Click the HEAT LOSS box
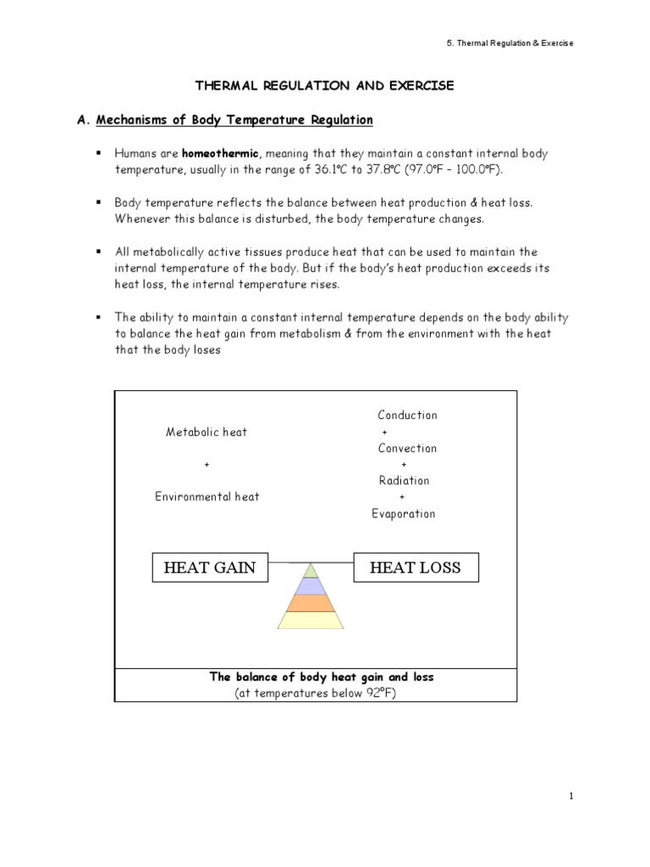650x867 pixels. coord(415,567)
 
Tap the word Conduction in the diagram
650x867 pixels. coord(407,415)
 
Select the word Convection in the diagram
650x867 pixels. coord(407,448)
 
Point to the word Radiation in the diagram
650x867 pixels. coord(405,480)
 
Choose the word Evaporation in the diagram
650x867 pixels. coord(404,513)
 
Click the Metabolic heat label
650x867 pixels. coord(207,432)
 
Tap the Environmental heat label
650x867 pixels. coord(207,497)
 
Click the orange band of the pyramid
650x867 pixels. coord(311,603)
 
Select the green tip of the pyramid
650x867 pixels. coord(311,570)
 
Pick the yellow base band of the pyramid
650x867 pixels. coord(311,621)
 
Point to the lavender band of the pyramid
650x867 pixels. coord(311,585)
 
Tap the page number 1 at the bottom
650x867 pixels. coord(572,796)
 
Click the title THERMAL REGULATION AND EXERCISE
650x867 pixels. coord(325,86)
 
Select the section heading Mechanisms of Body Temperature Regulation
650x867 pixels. coord(234,120)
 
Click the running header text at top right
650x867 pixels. coord(521,43)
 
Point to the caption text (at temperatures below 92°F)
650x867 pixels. coord(316,693)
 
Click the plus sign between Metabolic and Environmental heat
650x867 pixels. coord(207,465)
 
